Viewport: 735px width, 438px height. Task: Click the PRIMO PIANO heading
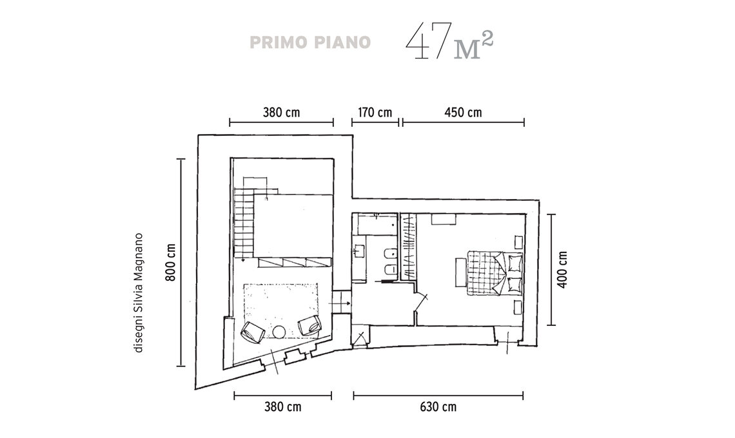point(310,42)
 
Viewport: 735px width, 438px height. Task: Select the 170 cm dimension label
point(375,113)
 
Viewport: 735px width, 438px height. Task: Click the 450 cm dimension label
point(463,113)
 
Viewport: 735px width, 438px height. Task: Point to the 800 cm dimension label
point(170,262)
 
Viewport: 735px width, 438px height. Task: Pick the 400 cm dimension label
point(562,269)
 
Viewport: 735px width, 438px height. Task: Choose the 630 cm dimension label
point(438,406)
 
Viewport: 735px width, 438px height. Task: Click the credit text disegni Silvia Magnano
point(138,293)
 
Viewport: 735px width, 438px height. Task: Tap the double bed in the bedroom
point(495,273)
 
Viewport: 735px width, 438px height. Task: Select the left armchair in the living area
point(251,332)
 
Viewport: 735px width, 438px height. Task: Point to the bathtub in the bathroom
point(377,224)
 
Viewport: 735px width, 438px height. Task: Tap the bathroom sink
point(359,251)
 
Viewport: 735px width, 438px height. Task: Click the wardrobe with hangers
point(409,247)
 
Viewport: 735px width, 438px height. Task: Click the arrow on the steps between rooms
point(340,304)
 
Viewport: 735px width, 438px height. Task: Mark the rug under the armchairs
point(280,310)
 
